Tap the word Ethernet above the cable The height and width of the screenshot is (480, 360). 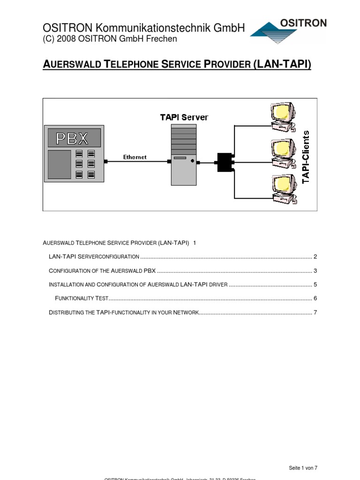click(x=135, y=157)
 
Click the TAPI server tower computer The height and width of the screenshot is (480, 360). click(x=183, y=155)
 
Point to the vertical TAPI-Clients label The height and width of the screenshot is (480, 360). click(x=306, y=157)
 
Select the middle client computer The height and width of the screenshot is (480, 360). click(x=282, y=153)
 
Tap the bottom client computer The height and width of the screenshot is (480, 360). click(x=283, y=188)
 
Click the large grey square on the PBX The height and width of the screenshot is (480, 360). click(x=59, y=164)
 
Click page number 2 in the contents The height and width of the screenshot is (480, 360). click(x=315, y=257)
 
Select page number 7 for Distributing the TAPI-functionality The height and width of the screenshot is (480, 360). click(x=315, y=312)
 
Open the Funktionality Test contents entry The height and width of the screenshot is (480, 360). click(x=82, y=298)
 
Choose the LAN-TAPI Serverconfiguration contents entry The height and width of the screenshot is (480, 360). click(x=94, y=257)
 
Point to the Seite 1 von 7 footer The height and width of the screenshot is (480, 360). click(x=303, y=468)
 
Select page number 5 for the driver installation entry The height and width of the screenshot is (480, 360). click(x=315, y=285)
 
